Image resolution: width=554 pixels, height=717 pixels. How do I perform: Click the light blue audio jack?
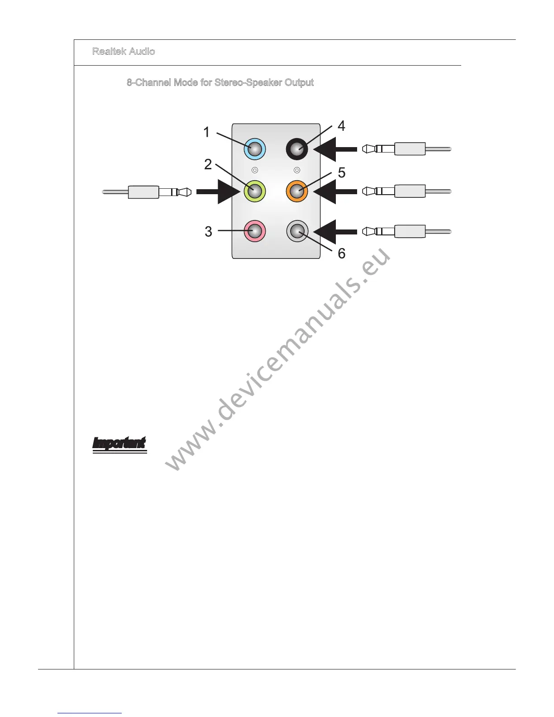point(254,149)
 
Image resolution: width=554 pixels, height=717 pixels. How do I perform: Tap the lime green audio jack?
point(254,191)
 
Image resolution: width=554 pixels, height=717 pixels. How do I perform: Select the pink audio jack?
point(254,231)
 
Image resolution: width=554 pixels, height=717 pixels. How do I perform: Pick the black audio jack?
point(297,149)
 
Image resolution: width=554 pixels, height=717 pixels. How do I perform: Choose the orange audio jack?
point(297,191)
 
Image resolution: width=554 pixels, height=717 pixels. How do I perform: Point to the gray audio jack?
point(297,231)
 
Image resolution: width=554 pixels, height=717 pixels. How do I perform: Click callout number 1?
point(207,132)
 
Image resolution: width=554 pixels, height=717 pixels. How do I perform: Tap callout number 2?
point(208,164)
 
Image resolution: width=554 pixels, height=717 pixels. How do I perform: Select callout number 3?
point(208,232)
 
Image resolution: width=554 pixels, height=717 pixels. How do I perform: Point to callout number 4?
point(341,126)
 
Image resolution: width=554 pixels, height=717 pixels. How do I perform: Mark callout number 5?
point(342,172)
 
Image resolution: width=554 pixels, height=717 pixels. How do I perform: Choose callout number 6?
point(342,253)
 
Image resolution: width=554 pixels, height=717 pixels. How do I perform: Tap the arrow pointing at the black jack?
point(335,149)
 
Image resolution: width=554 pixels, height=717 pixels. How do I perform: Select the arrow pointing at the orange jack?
point(335,191)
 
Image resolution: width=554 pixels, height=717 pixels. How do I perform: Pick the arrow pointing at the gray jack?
point(335,231)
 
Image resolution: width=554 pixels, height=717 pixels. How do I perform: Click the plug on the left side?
point(147,192)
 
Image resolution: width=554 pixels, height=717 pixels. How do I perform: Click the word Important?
point(119,443)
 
